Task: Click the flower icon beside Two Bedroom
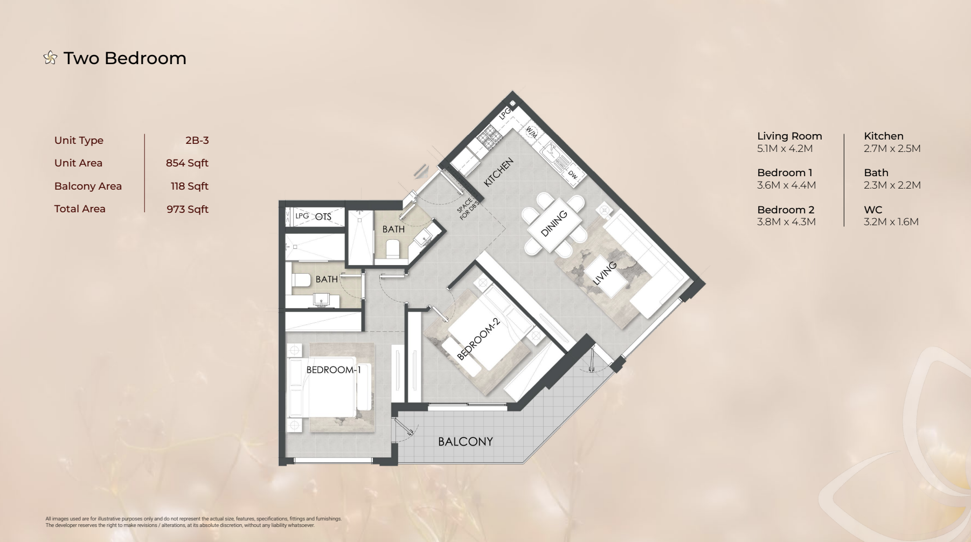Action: (x=50, y=58)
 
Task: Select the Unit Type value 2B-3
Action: (x=197, y=141)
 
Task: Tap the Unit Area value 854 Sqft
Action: (x=187, y=163)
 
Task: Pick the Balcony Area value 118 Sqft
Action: (x=190, y=186)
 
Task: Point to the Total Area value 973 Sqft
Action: (x=188, y=209)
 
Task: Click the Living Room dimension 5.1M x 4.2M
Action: (x=785, y=149)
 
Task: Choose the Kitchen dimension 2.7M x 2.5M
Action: (x=892, y=149)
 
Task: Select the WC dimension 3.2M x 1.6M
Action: (x=891, y=222)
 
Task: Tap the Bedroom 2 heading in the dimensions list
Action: (x=786, y=210)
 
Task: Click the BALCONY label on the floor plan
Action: (x=465, y=442)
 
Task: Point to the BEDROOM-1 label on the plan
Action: (x=334, y=370)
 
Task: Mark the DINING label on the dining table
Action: (x=554, y=223)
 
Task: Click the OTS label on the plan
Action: (x=323, y=217)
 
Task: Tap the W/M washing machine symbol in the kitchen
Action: (x=531, y=132)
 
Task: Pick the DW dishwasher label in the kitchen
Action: (x=573, y=175)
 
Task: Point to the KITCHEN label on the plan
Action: (x=498, y=172)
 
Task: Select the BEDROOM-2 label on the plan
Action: (x=478, y=338)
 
